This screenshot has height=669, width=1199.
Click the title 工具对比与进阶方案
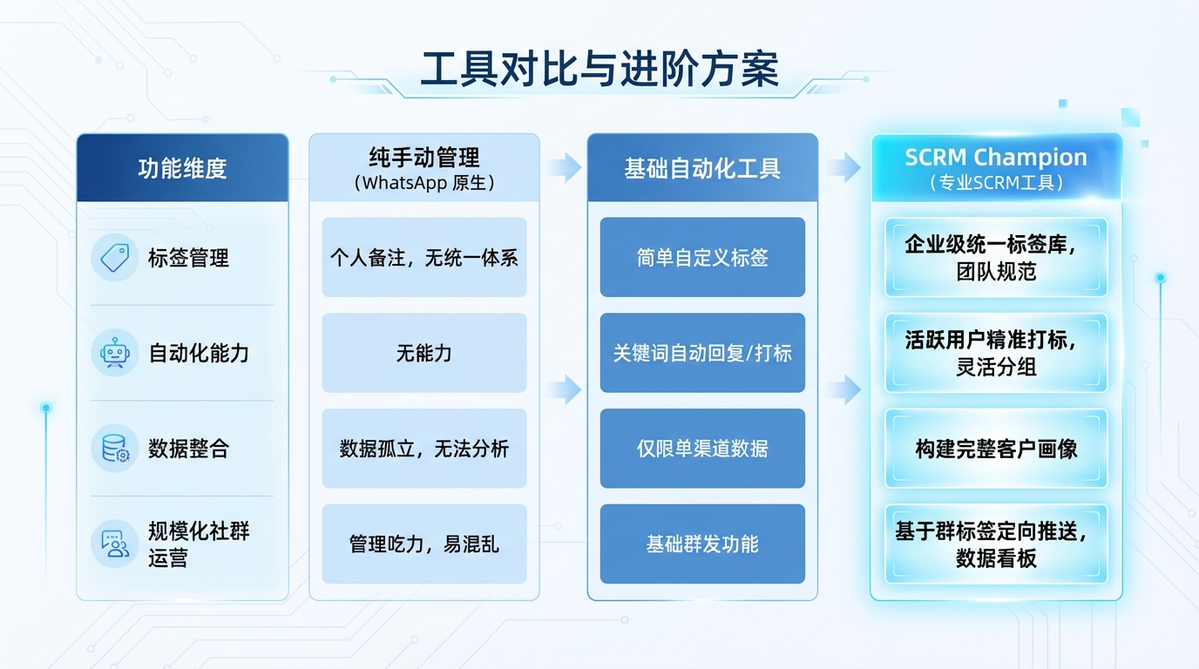[x=599, y=70]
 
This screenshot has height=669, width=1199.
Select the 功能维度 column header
[x=182, y=168]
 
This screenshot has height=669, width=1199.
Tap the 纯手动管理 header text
[x=424, y=158]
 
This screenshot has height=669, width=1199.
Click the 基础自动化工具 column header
[x=702, y=168]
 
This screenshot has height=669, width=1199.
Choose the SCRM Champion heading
[x=996, y=158]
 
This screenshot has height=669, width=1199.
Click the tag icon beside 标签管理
[x=114, y=258]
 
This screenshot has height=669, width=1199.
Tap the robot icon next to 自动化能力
[x=114, y=353]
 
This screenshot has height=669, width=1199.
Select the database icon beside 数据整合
[x=114, y=449]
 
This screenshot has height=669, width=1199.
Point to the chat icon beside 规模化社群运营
[x=114, y=544]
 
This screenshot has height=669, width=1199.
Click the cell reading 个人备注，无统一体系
[x=424, y=258]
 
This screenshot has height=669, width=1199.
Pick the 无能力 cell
[x=424, y=353]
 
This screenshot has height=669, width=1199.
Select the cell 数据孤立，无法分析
[x=424, y=449]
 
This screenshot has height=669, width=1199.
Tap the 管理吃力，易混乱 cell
[x=424, y=544]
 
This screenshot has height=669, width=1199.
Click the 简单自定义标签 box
[x=702, y=258]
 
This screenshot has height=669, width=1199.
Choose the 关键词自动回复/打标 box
[x=702, y=353]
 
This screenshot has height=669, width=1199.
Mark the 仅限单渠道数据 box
[x=702, y=449]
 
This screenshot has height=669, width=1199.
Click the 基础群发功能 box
[x=702, y=544]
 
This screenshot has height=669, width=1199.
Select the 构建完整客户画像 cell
[x=996, y=449]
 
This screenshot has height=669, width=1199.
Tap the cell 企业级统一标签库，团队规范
[x=996, y=258]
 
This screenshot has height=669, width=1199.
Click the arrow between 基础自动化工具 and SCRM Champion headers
[x=843, y=167]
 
